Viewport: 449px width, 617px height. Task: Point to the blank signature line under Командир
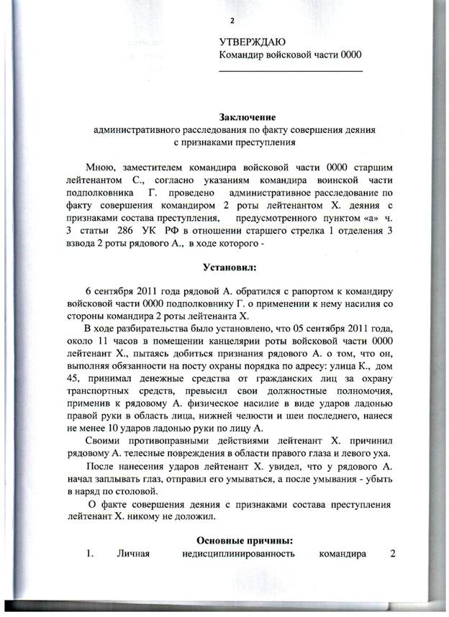[x=290, y=70]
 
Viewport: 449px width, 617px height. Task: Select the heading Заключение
[x=247, y=117]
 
